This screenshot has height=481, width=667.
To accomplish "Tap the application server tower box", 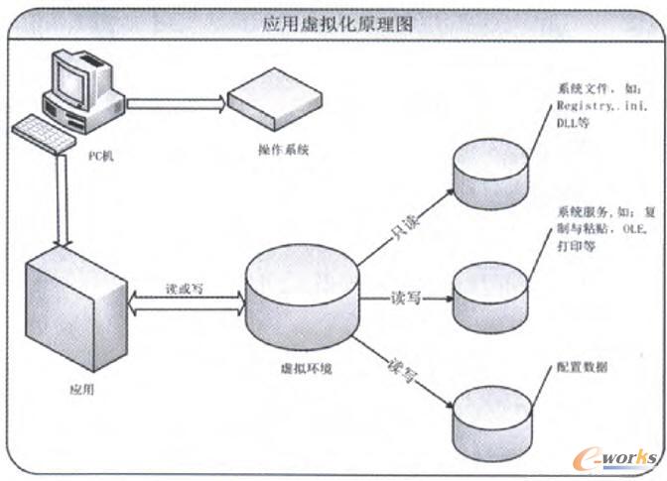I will coord(75,307).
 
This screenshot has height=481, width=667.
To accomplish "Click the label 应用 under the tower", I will coord(82,389).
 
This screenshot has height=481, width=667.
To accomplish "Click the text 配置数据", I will coord(583,367).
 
